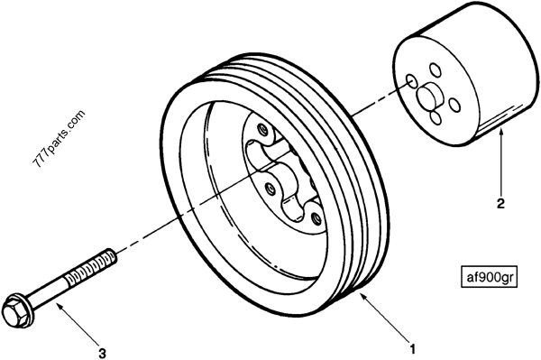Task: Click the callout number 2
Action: [500, 203]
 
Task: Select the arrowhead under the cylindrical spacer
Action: [499, 132]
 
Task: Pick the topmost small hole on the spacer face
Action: [435, 68]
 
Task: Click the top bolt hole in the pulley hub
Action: [261, 131]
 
